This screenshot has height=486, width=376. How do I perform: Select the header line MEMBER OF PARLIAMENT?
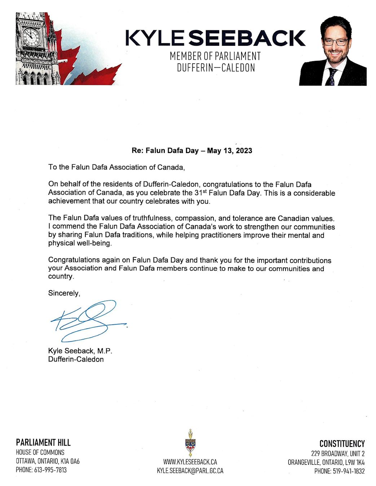click(215, 56)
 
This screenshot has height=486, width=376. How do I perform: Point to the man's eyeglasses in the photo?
click(335, 42)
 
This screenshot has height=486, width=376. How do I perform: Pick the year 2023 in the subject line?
click(244, 150)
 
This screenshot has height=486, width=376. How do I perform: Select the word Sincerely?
click(64, 293)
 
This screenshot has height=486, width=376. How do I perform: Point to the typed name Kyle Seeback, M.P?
click(80, 351)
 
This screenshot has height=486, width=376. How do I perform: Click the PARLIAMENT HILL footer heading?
click(43, 442)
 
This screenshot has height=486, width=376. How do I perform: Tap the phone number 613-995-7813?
click(50, 470)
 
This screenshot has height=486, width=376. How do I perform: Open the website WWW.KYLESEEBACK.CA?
click(190, 462)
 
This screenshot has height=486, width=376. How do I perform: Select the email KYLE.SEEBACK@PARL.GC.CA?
click(190, 471)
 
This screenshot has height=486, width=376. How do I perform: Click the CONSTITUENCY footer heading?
click(342, 444)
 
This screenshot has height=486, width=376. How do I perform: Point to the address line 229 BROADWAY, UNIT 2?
click(338, 453)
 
